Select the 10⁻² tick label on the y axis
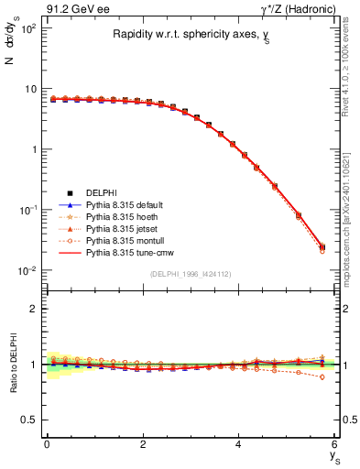point(27,270)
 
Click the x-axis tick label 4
point(239,444)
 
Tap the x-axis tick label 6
point(335,444)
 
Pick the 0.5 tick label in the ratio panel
point(27,420)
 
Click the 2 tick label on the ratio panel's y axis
point(32,309)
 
